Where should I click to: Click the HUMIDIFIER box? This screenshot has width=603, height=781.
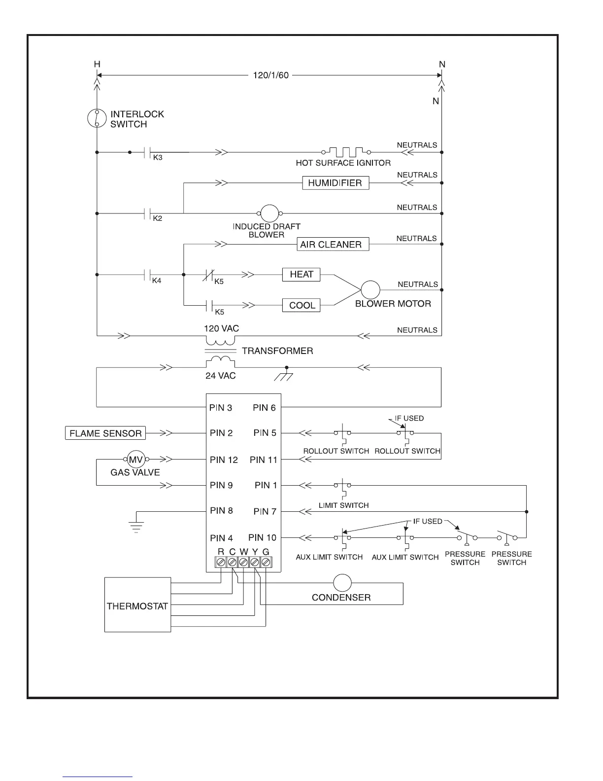(x=335, y=183)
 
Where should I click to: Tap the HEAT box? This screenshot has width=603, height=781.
(x=301, y=275)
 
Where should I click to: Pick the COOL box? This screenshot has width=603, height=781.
(x=302, y=305)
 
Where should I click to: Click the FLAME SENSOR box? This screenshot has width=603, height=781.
(x=105, y=433)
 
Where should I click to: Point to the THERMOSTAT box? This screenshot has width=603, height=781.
(x=137, y=605)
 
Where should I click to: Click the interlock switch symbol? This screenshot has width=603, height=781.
(x=97, y=118)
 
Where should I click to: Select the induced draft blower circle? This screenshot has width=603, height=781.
(x=269, y=213)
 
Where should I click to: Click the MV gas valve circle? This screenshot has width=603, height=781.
(x=135, y=460)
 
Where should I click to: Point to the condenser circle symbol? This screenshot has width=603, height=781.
(x=342, y=583)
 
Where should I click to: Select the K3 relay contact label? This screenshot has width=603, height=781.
(x=158, y=158)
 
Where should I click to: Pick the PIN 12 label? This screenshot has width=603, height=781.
(x=224, y=460)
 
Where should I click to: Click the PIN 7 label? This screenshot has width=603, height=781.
(x=265, y=511)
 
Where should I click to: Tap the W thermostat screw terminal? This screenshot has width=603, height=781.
(x=243, y=562)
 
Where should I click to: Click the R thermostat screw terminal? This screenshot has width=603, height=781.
(x=221, y=562)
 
